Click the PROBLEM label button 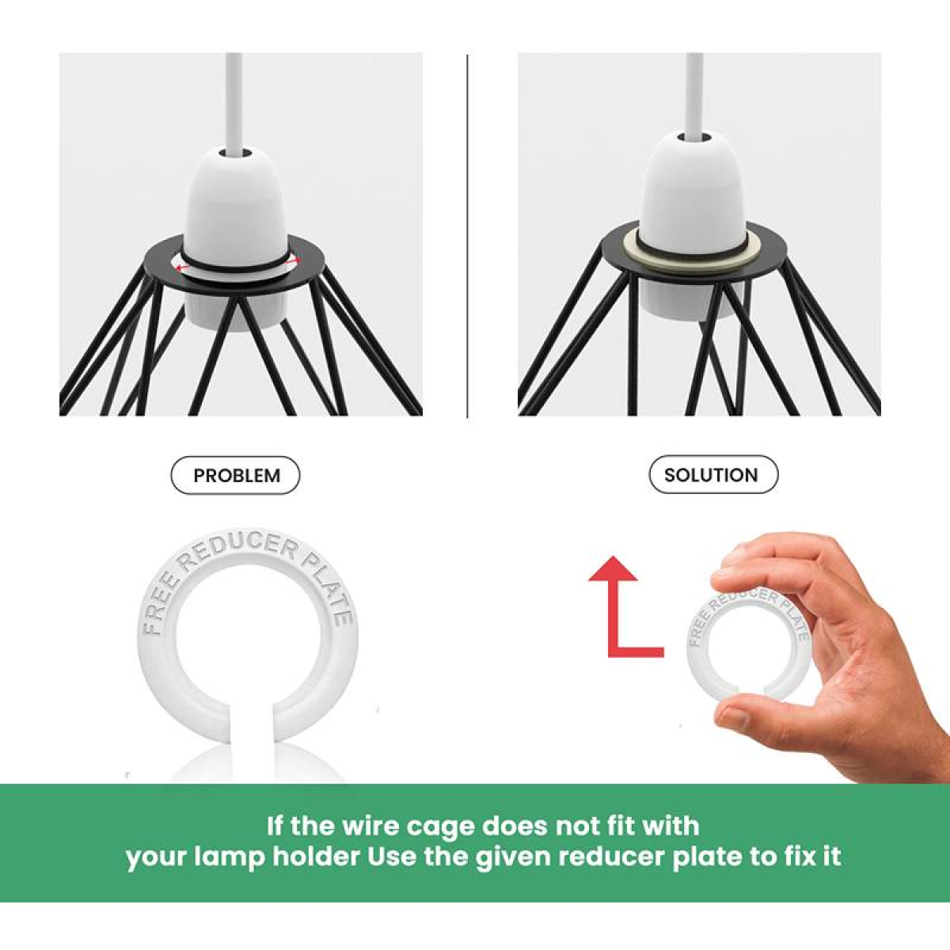(x=235, y=475)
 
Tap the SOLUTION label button (x=713, y=475)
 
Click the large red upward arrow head (x=614, y=568)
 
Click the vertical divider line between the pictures (x=467, y=236)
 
